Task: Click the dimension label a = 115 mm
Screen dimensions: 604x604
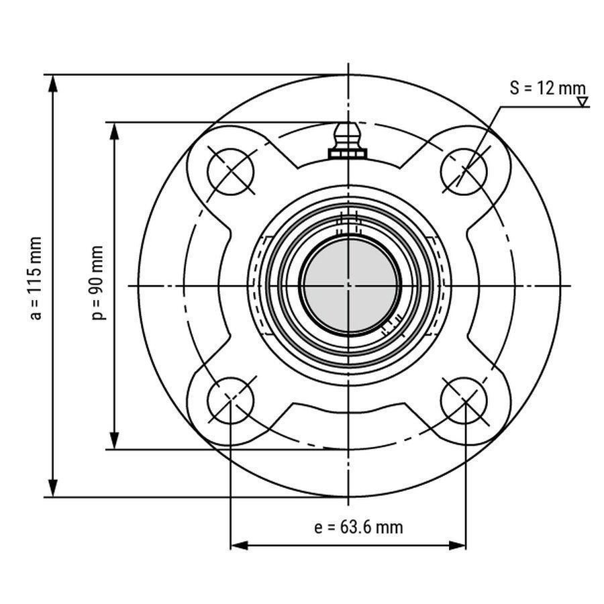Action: [x=36, y=279]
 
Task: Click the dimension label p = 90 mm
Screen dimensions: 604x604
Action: [x=98, y=283]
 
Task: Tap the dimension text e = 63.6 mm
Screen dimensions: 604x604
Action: [x=358, y=527]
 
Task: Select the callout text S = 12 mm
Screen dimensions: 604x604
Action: [x=548, y=88]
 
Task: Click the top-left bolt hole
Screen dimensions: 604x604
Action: [x=231, y=171]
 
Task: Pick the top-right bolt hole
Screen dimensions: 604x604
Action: [x=464, y=171]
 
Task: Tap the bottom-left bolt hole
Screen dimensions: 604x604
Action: [x=231, y=400]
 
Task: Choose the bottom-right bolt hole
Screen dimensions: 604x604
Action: [x=464, y=400]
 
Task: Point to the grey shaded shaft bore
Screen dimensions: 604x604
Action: [x=350, y=285]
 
